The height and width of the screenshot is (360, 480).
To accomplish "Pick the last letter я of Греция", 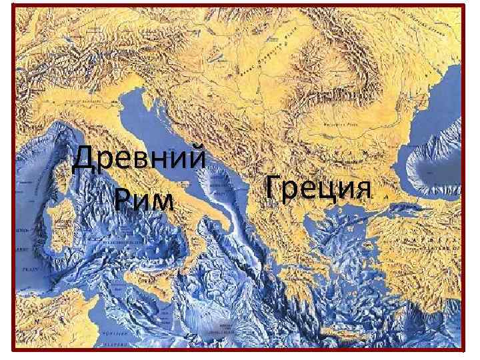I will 361,189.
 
